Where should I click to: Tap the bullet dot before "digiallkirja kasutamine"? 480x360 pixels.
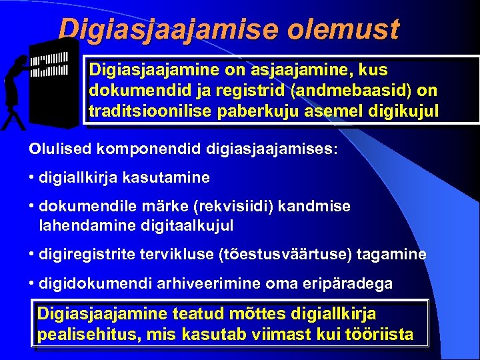click(x=33, y=178)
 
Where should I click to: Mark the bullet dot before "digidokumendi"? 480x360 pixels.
click(x=33, y=283)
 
